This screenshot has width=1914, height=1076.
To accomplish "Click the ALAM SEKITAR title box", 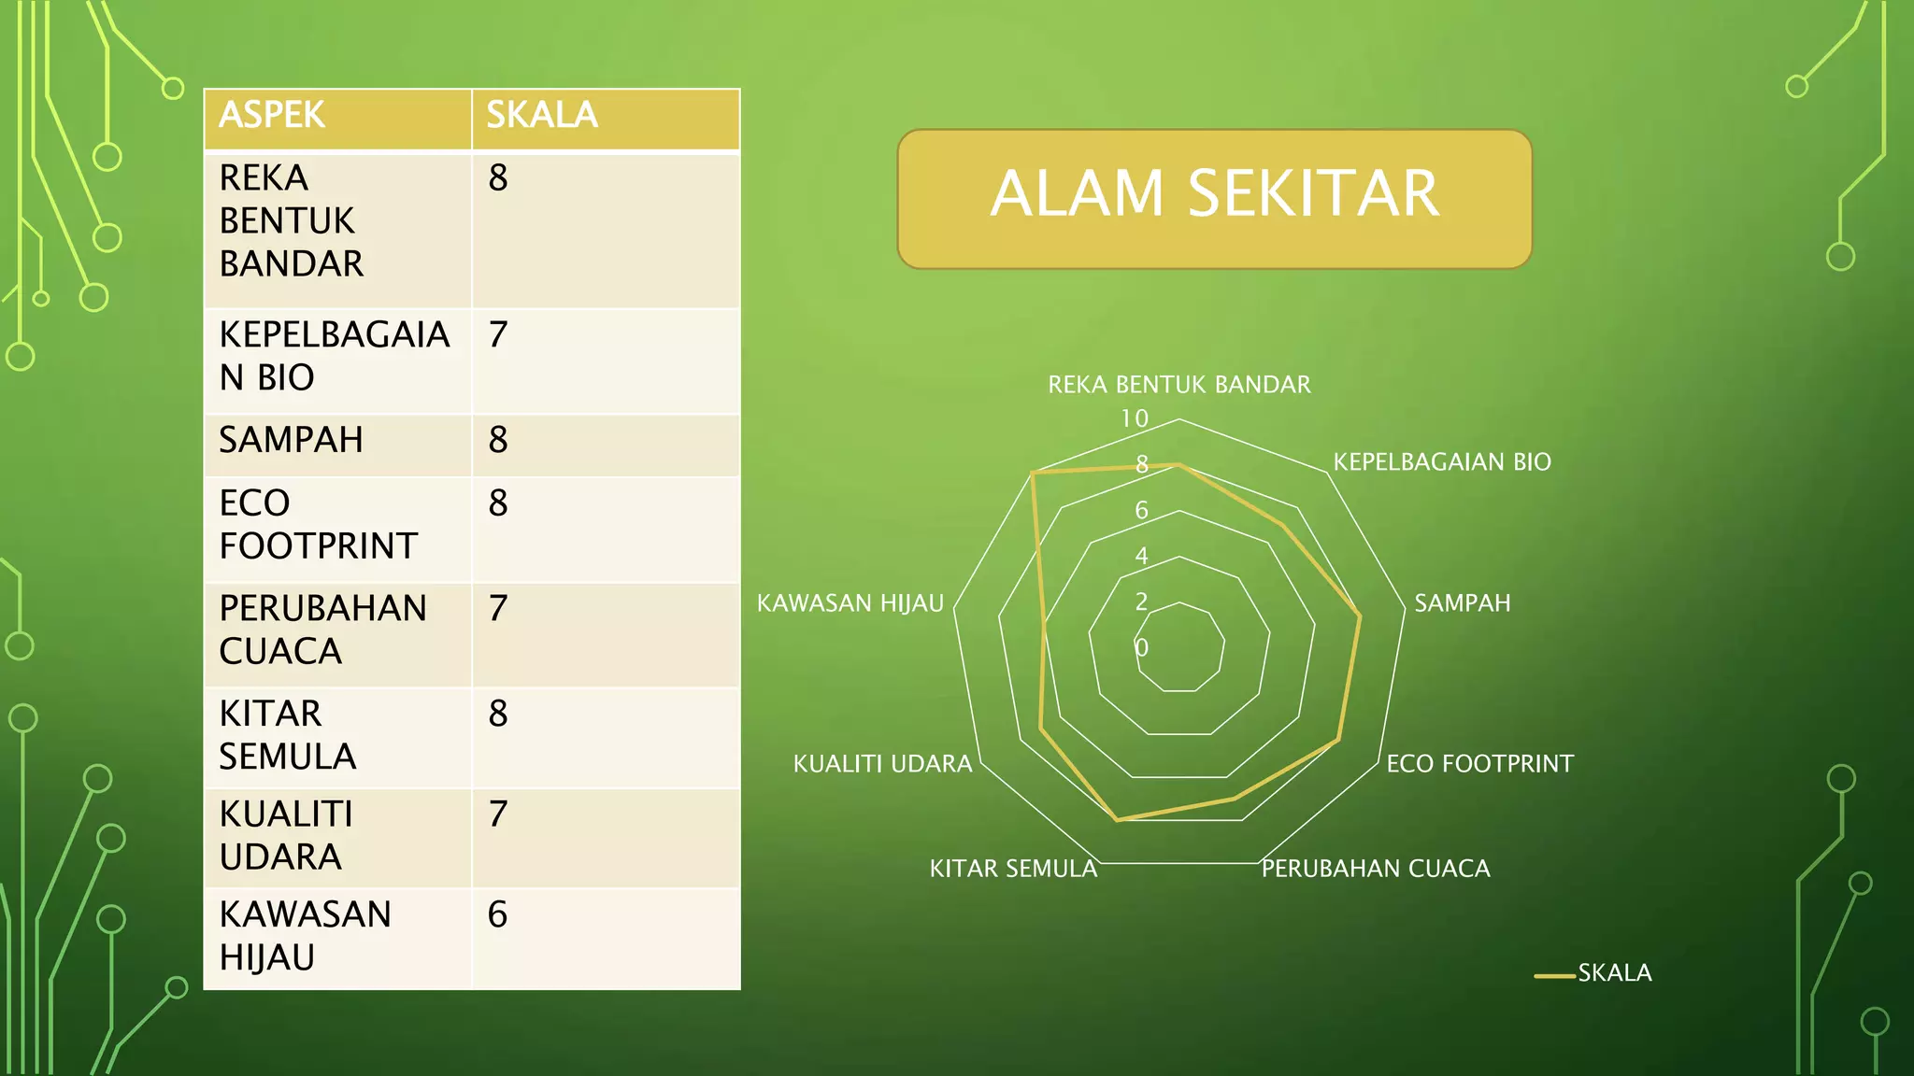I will (1214, 198).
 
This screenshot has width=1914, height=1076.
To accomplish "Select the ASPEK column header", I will (272, 116).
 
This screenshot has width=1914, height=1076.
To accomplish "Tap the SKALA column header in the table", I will (542, 116).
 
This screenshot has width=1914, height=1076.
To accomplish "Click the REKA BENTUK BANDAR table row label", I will (291, 221).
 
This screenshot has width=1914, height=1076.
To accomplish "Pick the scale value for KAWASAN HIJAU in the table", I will (497, 915).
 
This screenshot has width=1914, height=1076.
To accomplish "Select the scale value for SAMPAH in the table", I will (498, 440).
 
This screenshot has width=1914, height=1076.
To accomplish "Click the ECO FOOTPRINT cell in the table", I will (318, 525).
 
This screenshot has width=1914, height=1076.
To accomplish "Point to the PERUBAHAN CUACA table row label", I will (322, 630).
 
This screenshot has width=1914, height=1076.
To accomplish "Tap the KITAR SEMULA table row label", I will (287, 735).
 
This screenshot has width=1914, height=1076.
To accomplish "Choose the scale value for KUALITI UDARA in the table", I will (498, 814).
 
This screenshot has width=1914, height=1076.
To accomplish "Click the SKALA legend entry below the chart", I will (1614, 973).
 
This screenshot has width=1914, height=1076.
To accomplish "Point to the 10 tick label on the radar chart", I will (1135, 418).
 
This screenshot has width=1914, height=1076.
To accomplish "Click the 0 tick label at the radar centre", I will (1141, 647).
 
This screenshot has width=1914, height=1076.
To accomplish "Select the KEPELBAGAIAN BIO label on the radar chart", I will (1442, 461).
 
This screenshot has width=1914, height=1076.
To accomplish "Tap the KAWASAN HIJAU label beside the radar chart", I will (850, 603).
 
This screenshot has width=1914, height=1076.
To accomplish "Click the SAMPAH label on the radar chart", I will (1462, 603).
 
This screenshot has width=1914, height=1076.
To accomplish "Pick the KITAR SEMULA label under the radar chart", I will (1013, 869).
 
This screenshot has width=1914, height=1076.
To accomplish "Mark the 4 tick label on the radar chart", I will (1141, 556).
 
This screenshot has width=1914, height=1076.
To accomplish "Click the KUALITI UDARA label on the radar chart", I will (882, 764).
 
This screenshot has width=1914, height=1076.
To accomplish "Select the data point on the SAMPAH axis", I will (1360, 616).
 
